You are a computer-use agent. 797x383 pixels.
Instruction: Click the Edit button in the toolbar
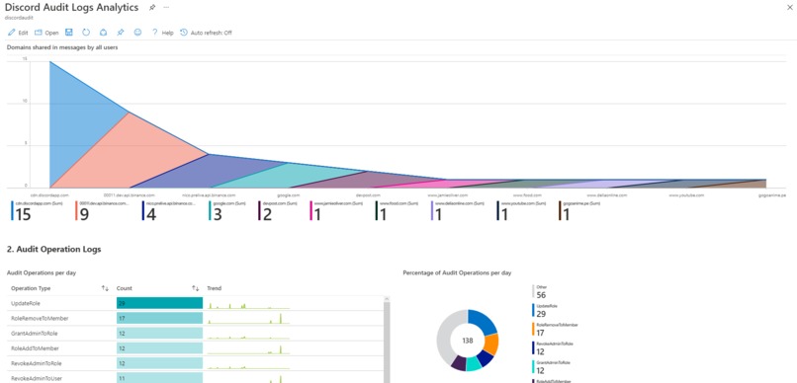(18, 33)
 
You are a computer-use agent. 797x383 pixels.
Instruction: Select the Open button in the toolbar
(46, 33)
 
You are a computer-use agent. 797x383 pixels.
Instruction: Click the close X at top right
(789, 7)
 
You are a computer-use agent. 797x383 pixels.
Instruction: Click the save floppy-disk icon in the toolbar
(69, 33)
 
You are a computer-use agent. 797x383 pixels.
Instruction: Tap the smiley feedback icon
(137, 33)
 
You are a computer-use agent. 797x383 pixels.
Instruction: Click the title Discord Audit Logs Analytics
(72, 8)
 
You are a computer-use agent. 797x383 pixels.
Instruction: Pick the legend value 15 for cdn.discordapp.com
(23, 214)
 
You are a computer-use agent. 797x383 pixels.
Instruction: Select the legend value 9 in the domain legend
(84, 214)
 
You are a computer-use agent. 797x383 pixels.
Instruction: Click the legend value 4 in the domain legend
(150, 214)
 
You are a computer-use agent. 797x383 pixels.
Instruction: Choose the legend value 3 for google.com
(218, 214)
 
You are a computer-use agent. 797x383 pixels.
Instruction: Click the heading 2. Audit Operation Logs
(53, 250)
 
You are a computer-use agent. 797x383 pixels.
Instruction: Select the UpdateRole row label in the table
(26, 303)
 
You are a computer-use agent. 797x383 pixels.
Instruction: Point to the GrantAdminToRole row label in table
(35, 334)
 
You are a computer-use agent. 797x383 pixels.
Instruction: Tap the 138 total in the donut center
(468, 341)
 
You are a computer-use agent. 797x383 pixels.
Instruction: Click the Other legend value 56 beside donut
(541, 294)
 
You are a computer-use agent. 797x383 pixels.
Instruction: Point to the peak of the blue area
(50, 62)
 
